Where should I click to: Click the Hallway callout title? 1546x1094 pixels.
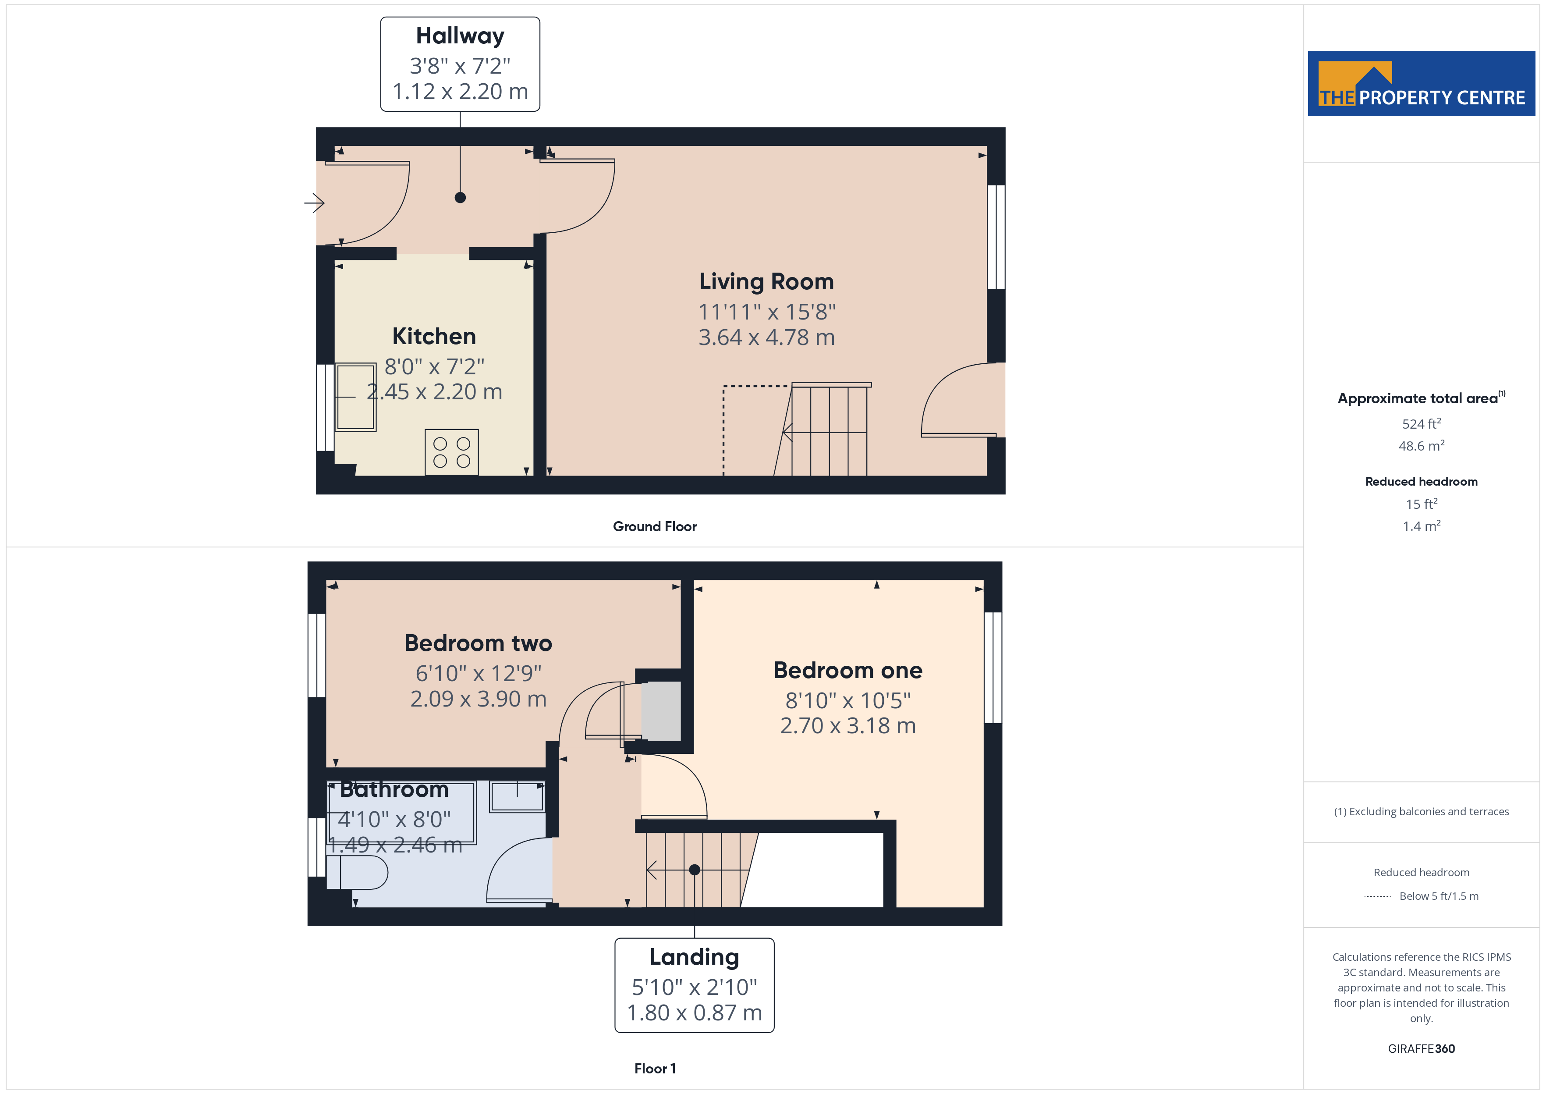[x=460, y=36]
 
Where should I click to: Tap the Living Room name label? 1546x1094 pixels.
[x=766, y=281]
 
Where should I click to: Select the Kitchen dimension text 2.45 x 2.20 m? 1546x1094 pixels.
[x=434, y=391]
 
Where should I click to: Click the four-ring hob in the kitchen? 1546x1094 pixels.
[x=452, y=452]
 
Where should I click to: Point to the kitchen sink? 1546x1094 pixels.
[x=355, y=397]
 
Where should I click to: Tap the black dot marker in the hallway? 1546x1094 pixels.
[x=460, y=197]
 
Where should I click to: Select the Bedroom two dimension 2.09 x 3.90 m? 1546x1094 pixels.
[x=478, y=699]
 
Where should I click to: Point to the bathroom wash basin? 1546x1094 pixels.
[x=517, y=797]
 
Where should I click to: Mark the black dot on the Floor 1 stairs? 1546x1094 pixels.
[x=694, y=870]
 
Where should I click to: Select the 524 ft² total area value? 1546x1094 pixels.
[x=1422, y=424]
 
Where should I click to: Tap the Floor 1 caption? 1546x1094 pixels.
[x=655, y=1069]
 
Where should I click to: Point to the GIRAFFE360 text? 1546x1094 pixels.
[x=1422, y=1048]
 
